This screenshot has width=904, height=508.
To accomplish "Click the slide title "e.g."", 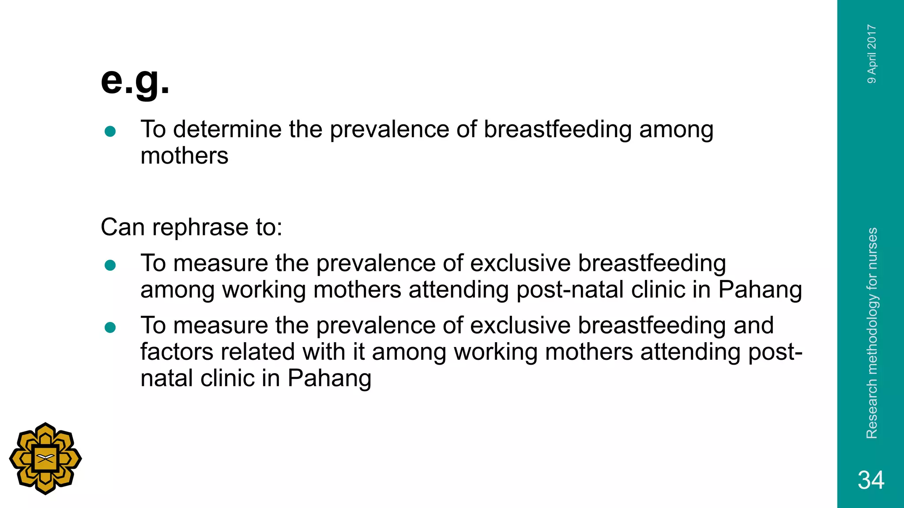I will [135, 81].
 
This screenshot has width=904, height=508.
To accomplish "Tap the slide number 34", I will [871, 480].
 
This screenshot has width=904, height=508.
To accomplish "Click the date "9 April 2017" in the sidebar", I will [872, 54].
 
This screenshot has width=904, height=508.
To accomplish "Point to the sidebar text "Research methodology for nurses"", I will [872, 333].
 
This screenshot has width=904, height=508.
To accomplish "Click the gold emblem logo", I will [45, 459].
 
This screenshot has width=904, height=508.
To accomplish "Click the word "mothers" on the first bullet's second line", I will [185, 156].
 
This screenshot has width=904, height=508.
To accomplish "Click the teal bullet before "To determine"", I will [110, 131].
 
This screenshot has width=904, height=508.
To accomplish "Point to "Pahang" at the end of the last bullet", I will [329, 378].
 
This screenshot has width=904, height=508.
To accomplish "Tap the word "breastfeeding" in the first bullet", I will [557, 130].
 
